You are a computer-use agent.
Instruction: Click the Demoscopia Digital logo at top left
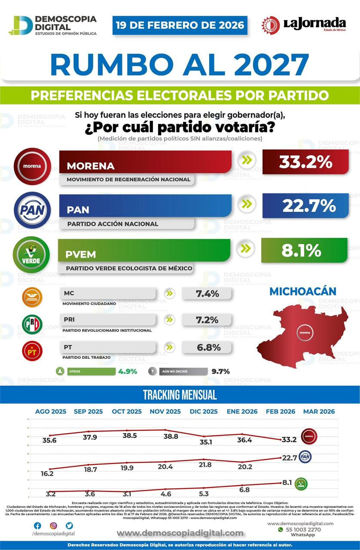click(x=52, y=25)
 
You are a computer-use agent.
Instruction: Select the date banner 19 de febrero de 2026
click(x=180, y=25)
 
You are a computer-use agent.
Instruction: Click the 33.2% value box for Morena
click(x=305, y=162)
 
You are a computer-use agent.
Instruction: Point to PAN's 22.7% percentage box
click(x=305, y=205)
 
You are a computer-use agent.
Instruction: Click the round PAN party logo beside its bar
click(x=32, y=210)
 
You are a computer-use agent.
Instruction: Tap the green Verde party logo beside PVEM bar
click(x=31, y=254)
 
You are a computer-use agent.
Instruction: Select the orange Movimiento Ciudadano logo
click(x=32, y=297)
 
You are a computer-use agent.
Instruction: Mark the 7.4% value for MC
click(x=207, y=294)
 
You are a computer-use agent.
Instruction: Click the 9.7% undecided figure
click(x=220, y=371)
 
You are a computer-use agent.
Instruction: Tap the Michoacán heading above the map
click(x=302, y=291)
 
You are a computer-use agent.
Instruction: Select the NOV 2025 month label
click(x=165, y=411)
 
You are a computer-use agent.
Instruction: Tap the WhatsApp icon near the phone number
click(x=281, y=530)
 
